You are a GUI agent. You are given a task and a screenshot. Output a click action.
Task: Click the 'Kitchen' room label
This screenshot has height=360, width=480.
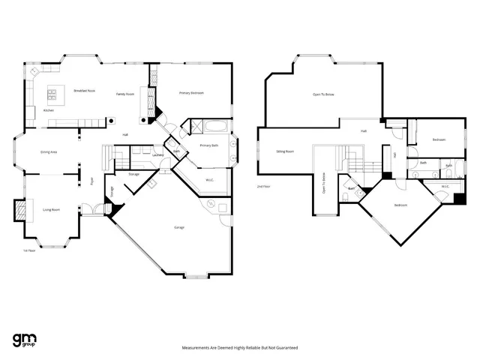click(x=48, y=110)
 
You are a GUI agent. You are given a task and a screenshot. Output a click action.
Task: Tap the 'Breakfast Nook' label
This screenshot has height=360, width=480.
click(x=85, y=90)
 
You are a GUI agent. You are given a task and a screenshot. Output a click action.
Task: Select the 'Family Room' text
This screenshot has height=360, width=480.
click(x=124, y=94)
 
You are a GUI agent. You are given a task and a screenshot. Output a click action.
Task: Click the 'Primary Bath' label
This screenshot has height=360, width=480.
click(x=208, y=145)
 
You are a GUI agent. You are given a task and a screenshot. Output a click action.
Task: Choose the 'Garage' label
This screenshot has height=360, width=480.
click(x=179, y=227)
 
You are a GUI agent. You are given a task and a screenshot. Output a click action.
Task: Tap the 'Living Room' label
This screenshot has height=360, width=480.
click(x=51, y=209)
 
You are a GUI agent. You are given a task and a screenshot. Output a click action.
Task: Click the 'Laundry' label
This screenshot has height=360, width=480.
click(x=157, y=155)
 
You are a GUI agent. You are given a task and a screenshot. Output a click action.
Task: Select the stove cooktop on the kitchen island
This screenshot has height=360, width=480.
click(x=52, y=94)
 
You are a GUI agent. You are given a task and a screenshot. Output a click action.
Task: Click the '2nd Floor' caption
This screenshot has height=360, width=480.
click(x=263, y=186)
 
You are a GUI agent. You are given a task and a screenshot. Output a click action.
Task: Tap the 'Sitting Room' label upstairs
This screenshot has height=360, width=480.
click(x=284, y=151)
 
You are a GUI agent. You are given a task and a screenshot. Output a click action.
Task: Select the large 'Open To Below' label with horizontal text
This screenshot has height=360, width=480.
click(x=324, y=94)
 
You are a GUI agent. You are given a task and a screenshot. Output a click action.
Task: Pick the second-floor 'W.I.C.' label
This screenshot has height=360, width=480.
click(x=445, y=186)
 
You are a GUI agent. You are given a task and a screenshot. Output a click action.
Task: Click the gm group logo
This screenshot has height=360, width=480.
click(x=25, y=339)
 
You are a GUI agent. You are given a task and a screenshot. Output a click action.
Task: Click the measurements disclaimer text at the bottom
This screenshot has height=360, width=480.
click(x=240, y=348)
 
